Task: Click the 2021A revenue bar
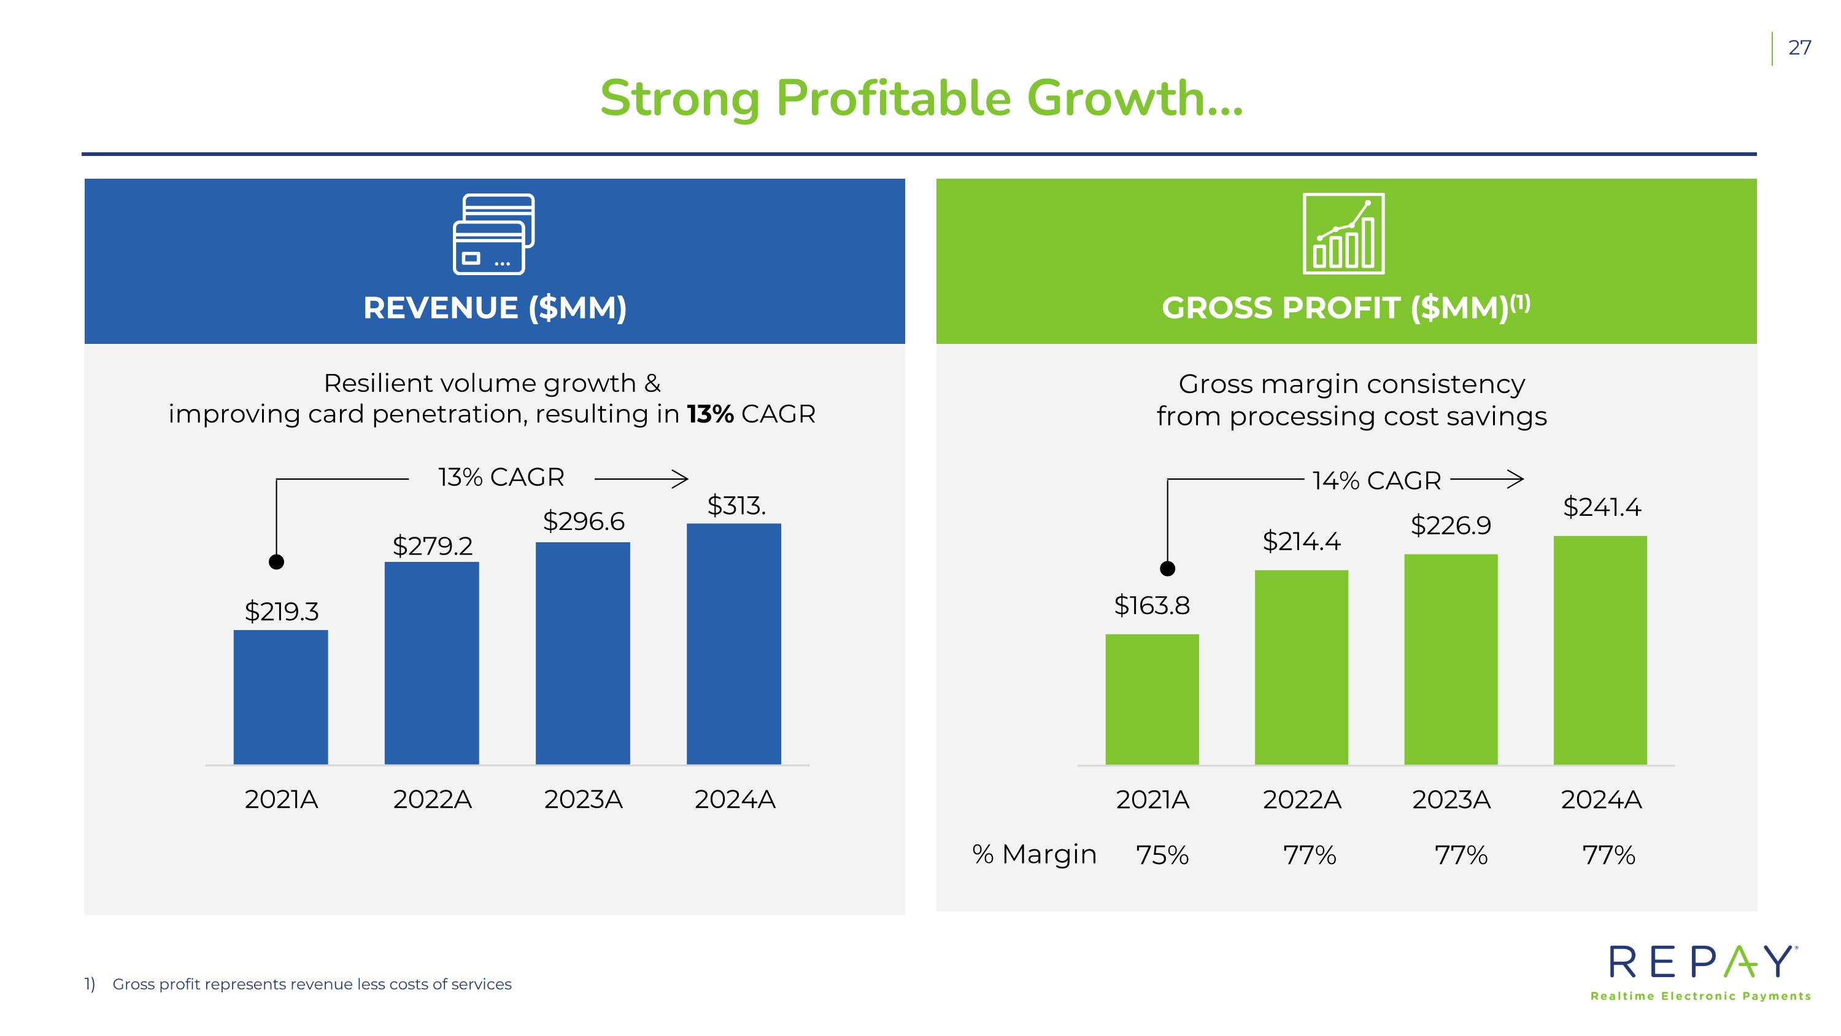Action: click(280, 697)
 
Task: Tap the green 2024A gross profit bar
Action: click(1600, 650)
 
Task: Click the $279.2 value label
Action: click(433, 546)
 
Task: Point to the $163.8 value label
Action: click(1151, 606)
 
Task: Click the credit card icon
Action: click(494, 234)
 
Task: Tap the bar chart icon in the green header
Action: click(1343, 234)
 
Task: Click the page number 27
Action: click(1799, 48)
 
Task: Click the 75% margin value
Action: click(1162, 855)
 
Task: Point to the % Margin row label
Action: click(1034, 854)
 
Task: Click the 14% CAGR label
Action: click(1376, 480)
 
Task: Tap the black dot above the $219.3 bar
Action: click(277, 562)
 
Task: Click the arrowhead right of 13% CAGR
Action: click(681, 479)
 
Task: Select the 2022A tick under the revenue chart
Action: click(433, 800)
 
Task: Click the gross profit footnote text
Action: click(312, 984)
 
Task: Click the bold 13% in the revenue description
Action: click(711, 414)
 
